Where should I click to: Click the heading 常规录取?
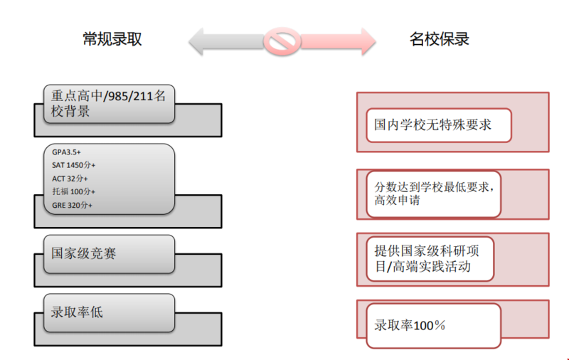point(112,39)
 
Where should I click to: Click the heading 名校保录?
point(440,39)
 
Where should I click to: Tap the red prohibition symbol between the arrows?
point(282,41)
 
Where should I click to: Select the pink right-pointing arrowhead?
point(364,41)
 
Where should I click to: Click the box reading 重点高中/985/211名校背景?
point(109,103)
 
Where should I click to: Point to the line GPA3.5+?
point(67,152)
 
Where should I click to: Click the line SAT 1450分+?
point(74,165)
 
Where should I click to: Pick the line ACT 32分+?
point(70,179)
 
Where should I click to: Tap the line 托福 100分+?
point(74,191)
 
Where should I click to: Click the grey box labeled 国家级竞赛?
point(109,253)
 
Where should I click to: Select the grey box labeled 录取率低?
point(109,312)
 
